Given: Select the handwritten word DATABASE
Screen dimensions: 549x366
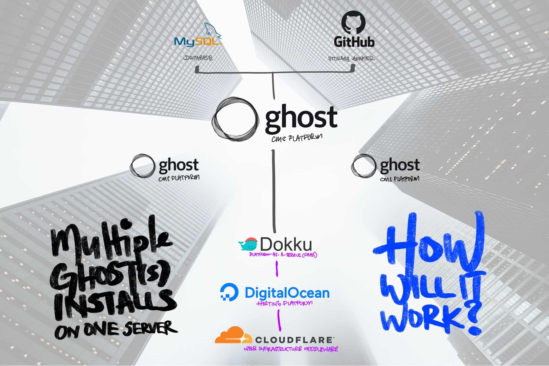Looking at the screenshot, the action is point(198,58).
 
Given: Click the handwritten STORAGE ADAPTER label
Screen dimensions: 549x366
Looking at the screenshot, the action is point(351,58).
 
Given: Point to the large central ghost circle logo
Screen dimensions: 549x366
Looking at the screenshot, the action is point(236,119).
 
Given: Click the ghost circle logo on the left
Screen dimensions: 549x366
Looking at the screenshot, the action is point(142,165).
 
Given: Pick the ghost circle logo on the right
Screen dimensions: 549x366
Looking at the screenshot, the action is point(363,165).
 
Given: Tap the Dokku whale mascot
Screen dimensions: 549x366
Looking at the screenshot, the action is point(248,244).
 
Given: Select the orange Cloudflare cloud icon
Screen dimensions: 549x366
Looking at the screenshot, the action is point(233,335).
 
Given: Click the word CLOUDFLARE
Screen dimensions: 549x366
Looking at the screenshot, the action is point(294,340).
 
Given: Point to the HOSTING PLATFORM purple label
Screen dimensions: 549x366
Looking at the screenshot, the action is point(284,303).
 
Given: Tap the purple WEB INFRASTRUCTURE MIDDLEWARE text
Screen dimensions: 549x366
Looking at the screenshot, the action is point(291,349).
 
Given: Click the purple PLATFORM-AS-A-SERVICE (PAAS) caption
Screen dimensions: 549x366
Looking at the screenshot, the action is point(283,255).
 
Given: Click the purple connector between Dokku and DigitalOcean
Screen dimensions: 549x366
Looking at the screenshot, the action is point(277,268).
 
